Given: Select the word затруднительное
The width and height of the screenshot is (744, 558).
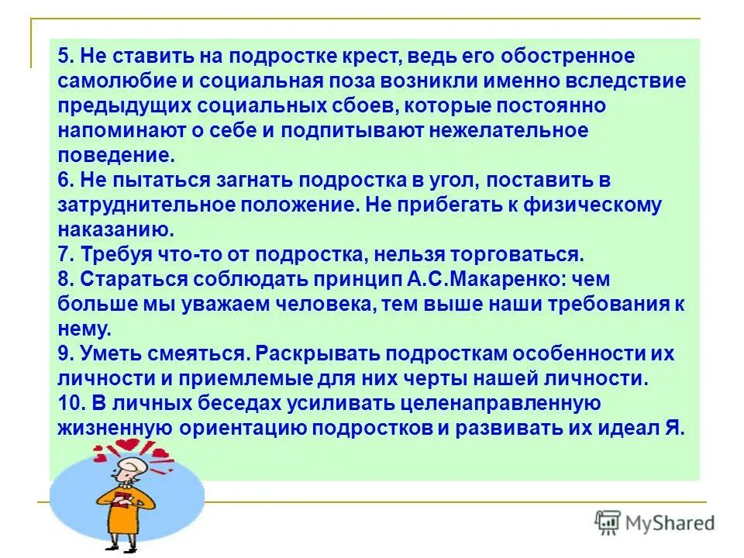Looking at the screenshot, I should [x=147, y=205].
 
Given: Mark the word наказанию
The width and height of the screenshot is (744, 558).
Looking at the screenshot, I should [x=113, y=230].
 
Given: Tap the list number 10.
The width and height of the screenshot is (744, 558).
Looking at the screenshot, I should [x=70, y=404].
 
